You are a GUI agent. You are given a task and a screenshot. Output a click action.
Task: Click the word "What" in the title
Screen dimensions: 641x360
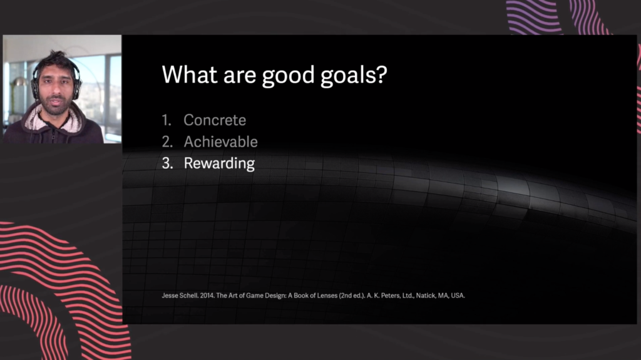tap(190, 75)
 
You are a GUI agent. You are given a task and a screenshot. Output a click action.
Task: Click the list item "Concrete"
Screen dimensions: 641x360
tap(215, 120)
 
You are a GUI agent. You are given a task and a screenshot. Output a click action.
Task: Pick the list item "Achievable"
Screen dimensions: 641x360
tap(221, 141)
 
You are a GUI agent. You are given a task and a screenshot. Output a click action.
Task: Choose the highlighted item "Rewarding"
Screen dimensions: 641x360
tap(219, 163)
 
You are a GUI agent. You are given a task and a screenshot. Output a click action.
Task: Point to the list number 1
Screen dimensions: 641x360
tap(166, 120)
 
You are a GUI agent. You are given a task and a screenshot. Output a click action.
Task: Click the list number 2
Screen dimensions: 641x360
tap(167, 141)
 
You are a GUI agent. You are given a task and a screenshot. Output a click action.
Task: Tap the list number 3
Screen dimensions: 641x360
tap(167, 163)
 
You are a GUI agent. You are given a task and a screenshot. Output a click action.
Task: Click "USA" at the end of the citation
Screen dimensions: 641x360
tap(458, 296)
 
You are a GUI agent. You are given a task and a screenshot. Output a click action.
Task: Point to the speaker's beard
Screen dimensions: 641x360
tap(56, 105)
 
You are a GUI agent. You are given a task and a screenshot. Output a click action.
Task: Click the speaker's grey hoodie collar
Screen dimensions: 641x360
tap(56, 120)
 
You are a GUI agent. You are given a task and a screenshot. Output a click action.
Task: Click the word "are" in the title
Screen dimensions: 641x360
tap(240, 76)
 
